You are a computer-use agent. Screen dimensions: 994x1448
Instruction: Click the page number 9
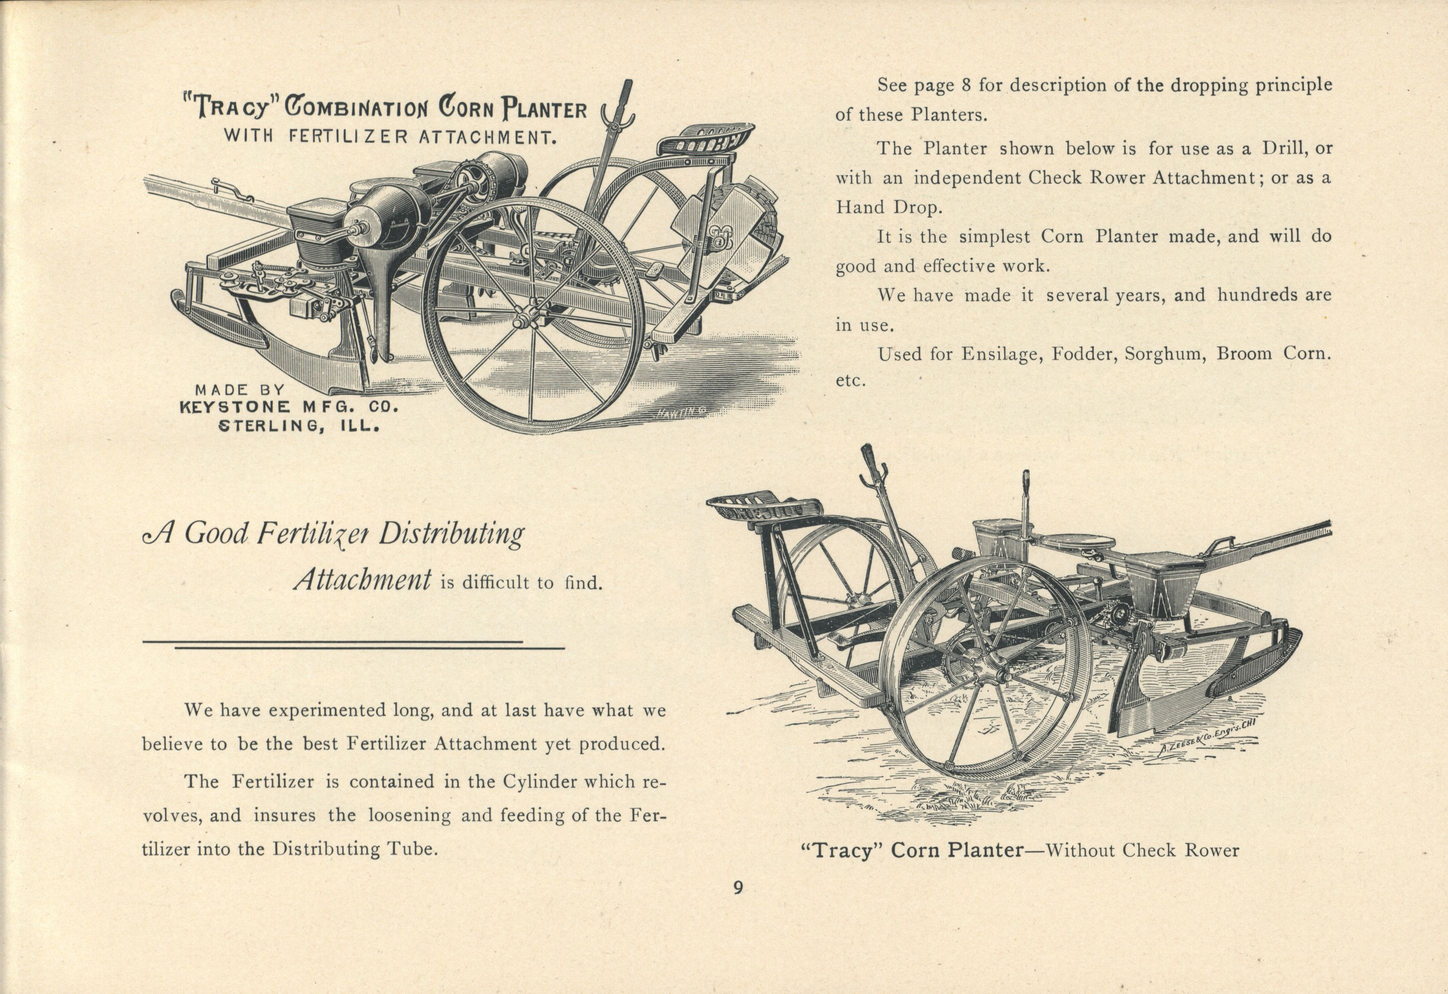point(738,888)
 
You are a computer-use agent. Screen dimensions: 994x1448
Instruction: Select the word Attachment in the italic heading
point(363,580)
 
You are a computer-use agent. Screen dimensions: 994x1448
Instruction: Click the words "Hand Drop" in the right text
point(889,208)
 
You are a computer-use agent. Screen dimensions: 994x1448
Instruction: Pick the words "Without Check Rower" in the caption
point(1141,851)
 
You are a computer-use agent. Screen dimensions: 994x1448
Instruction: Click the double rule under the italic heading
point(353,644)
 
